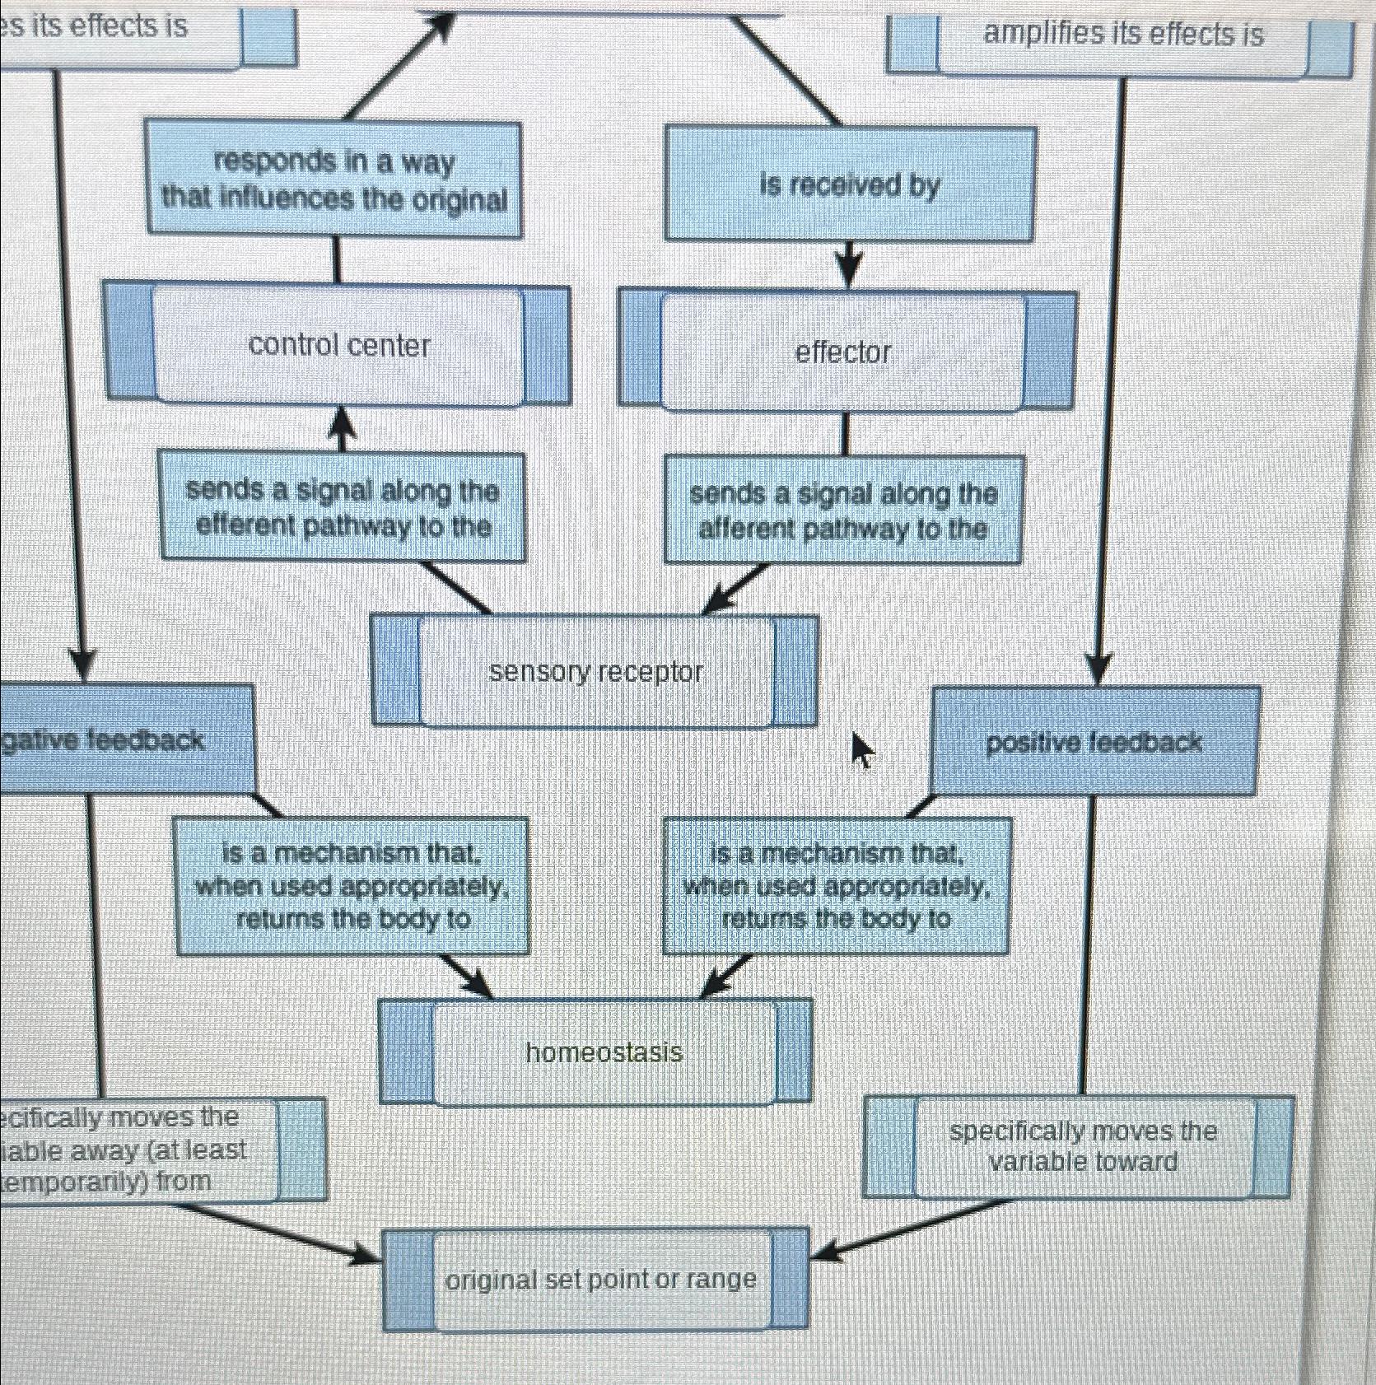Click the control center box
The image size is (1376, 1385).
pyautogui.click(x=338, y=345)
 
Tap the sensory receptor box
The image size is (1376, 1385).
pyautogui.click(x=595, y=672)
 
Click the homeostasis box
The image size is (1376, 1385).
pyautogui.click(x=603, y=1052)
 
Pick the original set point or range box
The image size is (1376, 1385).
pyautogui.click(x=599, y=1279)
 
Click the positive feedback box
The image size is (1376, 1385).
pyautogui.click(x=1094, y=742)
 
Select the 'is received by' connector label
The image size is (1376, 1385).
pyautogui.click(x=849, y=184)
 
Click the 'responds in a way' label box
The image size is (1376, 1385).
pyautogui.click(x=334, y=180)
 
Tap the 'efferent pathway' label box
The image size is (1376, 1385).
pyautogui.click(x=343, y=507)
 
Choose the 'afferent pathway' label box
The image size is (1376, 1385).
pyautogui.click(x=843, y=511)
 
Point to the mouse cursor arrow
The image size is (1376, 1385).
pyautogui.click(x=861, y=748)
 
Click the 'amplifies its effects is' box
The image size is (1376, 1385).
pyautogui.click(x=1122, y=35)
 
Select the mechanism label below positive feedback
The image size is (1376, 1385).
pyautogui.click(x=837, y=886)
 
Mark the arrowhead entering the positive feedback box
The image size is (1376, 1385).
pyautogui.click(x=1098, y=669)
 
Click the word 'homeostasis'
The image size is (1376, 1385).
pyautogui.click(x=604, y=1052)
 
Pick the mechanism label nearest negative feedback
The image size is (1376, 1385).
pyautogui.click(x=352, y=886)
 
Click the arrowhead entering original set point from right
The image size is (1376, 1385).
pyautogui.click(x=823, y=1252)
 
